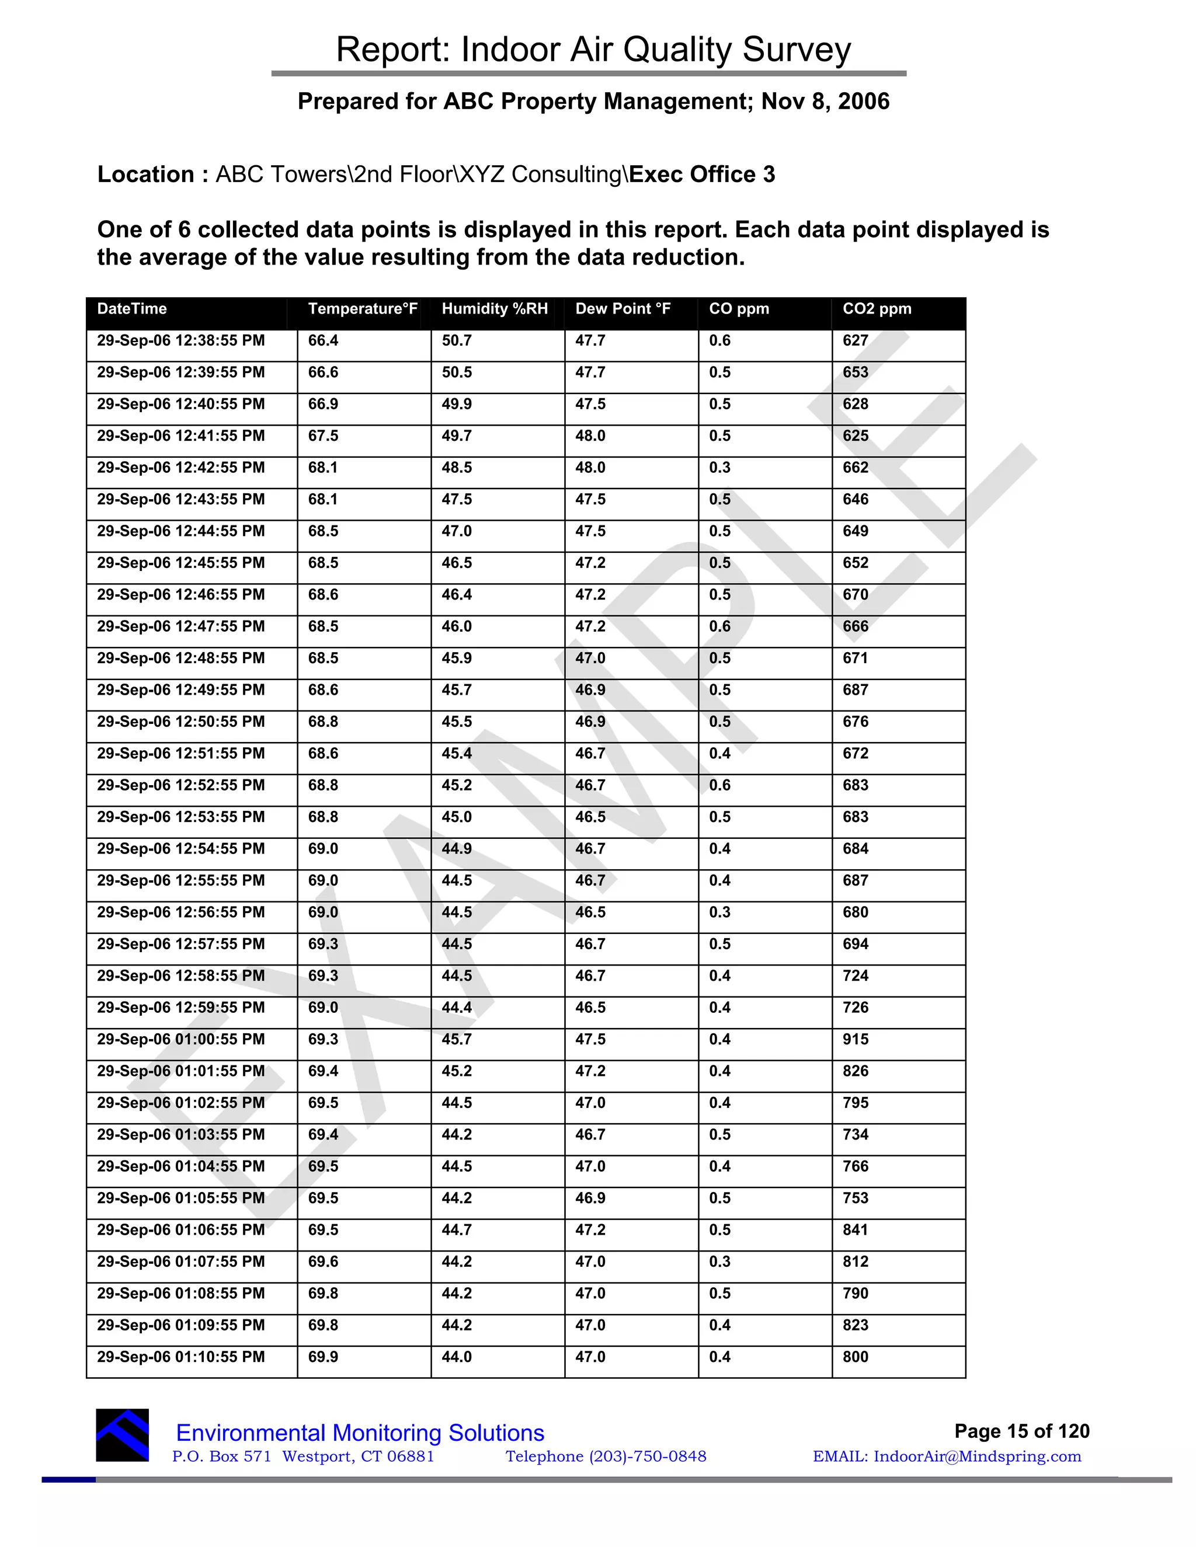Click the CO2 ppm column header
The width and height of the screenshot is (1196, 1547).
click(877, 309)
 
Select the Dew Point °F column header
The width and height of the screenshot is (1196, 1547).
click(622, 309)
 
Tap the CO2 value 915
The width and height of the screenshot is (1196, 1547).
click(855, 1039)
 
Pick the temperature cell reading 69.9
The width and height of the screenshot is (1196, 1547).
click(323, 1357)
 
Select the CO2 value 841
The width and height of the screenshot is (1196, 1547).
click(855, 1229)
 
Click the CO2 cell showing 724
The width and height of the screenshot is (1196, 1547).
click(855, 975)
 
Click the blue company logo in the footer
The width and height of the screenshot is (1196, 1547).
click(123, 1435)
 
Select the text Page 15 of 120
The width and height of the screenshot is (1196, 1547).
click(1021, 1431)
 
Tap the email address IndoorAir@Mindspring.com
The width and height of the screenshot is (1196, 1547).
click(977, 1457)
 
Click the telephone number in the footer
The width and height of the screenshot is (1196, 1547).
click(606, 1457)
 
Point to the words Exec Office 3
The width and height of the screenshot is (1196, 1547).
click(701, 174)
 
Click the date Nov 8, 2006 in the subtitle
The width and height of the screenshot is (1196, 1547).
click(825, 102)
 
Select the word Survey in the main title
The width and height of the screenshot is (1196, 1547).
click(797, 50)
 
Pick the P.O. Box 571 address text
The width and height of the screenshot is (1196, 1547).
click(222, 1457)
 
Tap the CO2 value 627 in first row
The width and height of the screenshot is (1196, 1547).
click(855, 341)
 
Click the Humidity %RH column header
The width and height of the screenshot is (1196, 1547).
click(495, 309)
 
